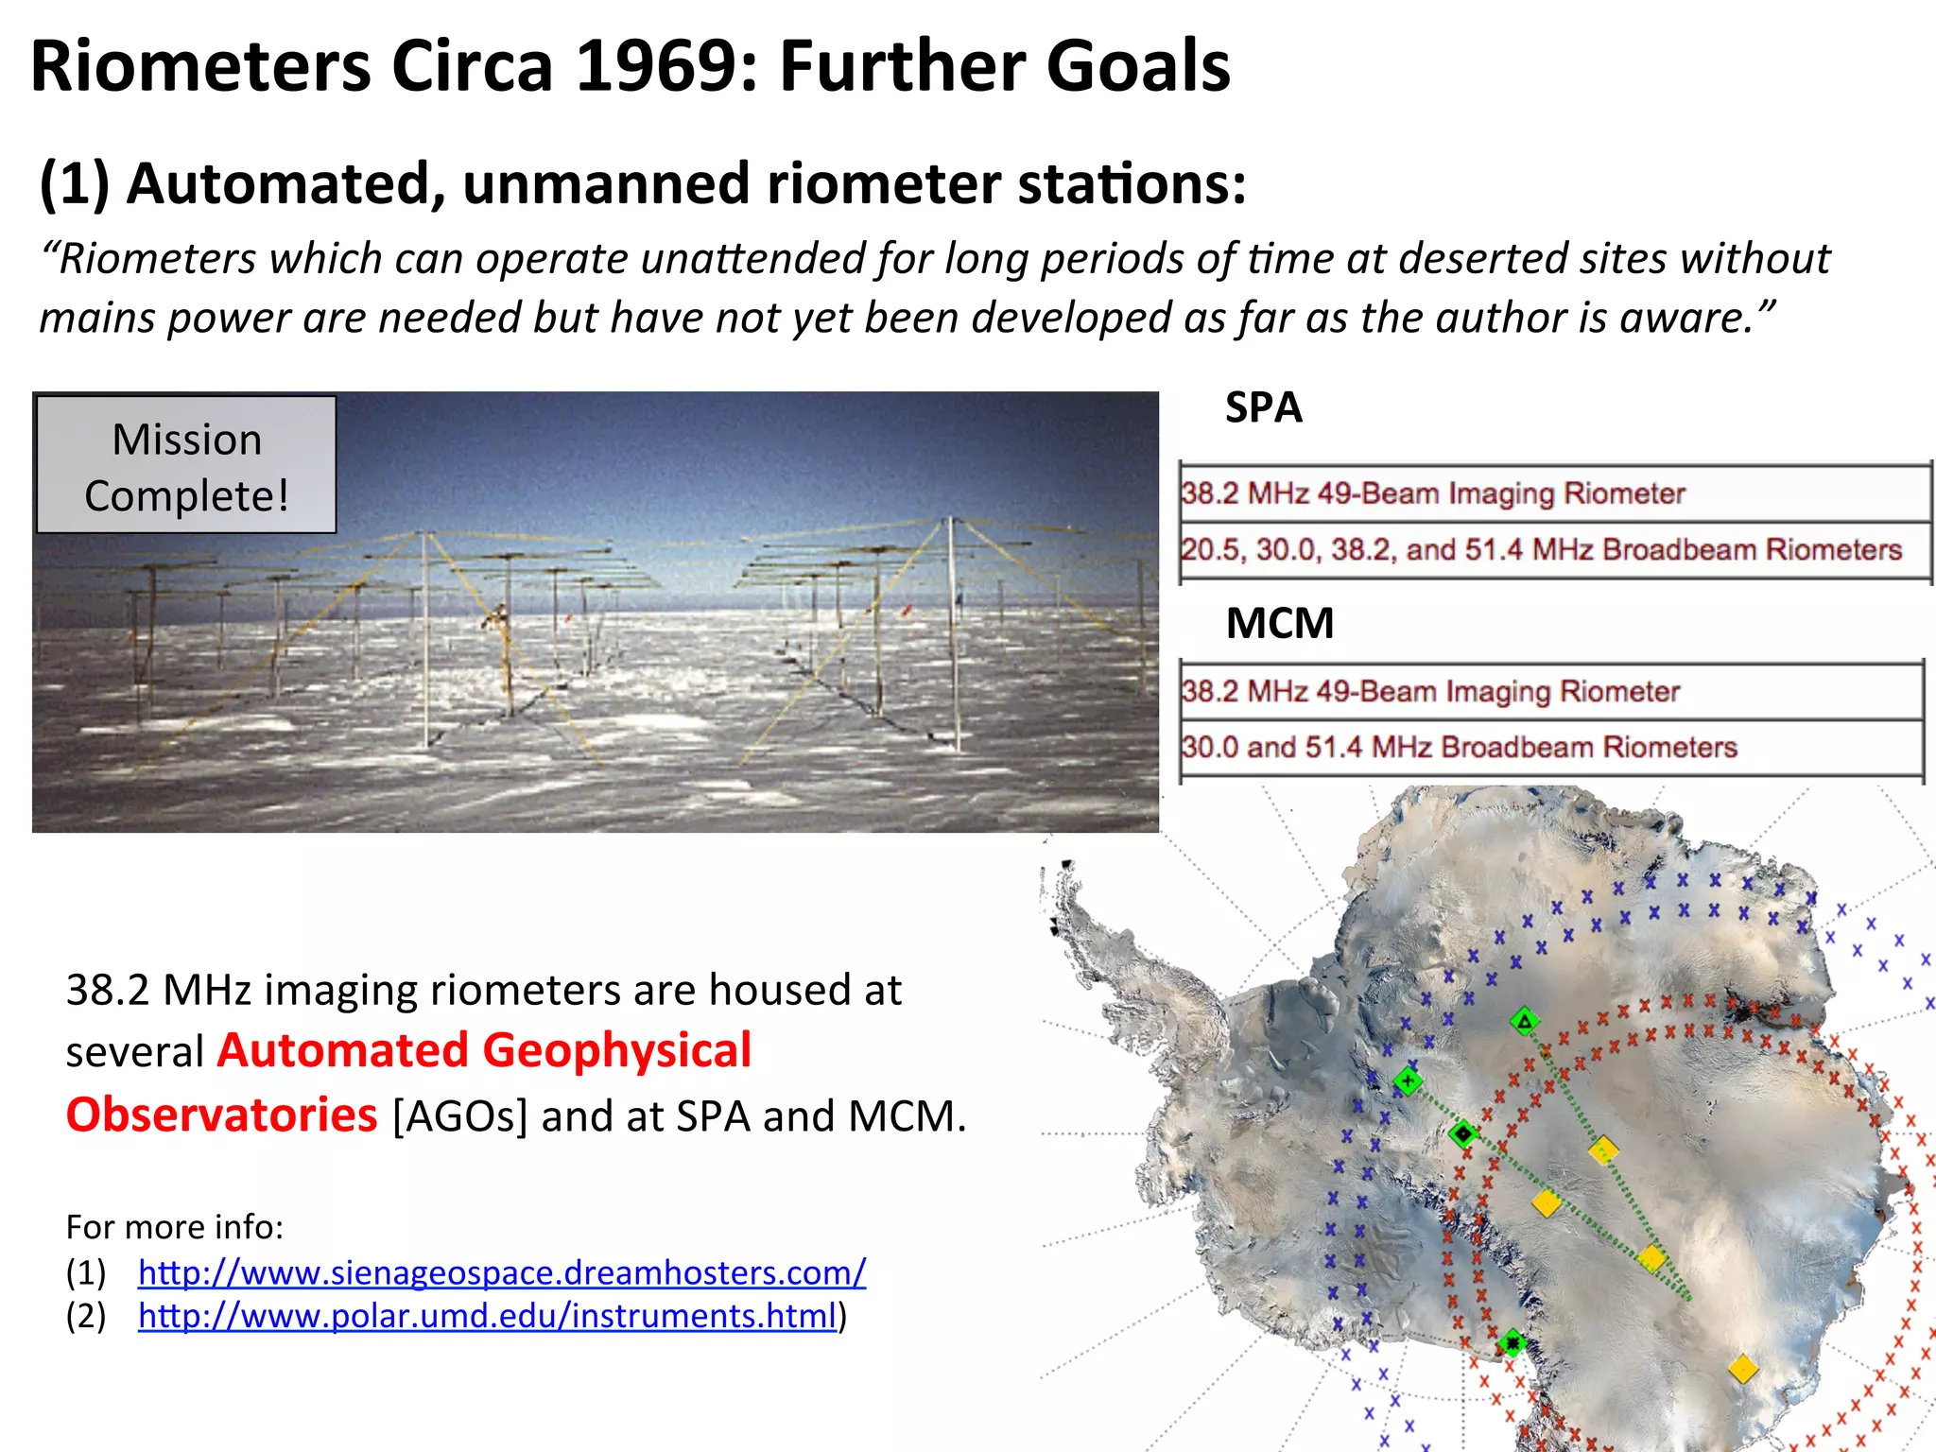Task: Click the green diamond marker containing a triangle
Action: pos(1524,1021)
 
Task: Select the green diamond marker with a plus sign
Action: pos(1408,1080)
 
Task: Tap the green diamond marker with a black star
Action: pos(1512,1342)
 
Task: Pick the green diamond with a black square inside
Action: pos(1463,1132)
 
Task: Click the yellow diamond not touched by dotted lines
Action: pos(1742,1368)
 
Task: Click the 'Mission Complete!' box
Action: pos(186,466)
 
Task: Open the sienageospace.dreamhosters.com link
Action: pos(501,1272)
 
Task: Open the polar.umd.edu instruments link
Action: pos(487,1316)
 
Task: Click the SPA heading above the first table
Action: pos(1263,408)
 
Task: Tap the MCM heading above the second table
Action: pos(1279,624)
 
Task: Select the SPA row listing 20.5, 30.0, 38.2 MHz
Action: pos(1541,549)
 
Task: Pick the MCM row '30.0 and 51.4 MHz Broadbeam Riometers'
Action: pos(1459,747)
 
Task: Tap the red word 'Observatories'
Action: pos(222,1115)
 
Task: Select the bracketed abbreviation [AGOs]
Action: pos(459,1116)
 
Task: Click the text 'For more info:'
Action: pos(175,1227)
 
